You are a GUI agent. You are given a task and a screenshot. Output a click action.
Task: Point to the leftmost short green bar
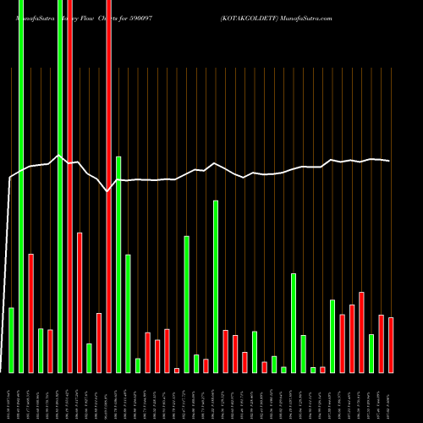tap(11, 339)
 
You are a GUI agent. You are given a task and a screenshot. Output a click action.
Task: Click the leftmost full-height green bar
tap(21, 186)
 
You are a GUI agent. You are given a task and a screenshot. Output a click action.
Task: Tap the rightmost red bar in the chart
tap(391, 344)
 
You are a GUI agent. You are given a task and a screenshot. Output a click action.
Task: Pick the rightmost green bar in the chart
tap(371, 353)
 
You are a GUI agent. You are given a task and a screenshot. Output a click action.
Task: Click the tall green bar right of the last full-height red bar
tap(118, 264)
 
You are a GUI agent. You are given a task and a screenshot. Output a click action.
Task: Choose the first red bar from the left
tap(30, 313)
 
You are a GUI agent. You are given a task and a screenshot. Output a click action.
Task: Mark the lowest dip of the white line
tap(107, 192)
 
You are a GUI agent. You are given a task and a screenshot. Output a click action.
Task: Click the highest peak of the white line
tap(58, 156)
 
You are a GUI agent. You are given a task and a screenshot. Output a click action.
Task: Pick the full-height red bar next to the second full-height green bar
tap(69, 186)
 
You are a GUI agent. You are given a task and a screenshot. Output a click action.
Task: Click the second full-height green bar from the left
tap(60, 186)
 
